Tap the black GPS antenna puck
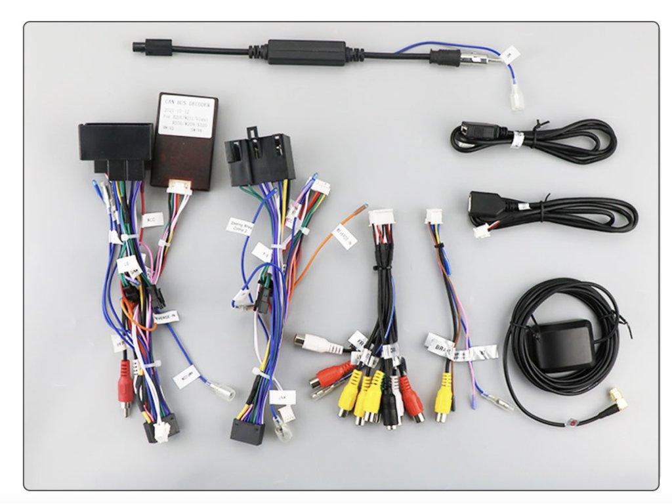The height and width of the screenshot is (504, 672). pyautogui.click(x=563, y=345)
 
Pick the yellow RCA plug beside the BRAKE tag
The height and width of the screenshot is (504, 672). pyautogui.click(x=444, y=394)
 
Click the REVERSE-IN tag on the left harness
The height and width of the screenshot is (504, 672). pyautogui.click(x=165, y=318)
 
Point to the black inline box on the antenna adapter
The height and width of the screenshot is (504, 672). pyautogui.click(x=306, y=52)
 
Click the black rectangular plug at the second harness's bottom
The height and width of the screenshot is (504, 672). pyautogui.click(x=247, y=430)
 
